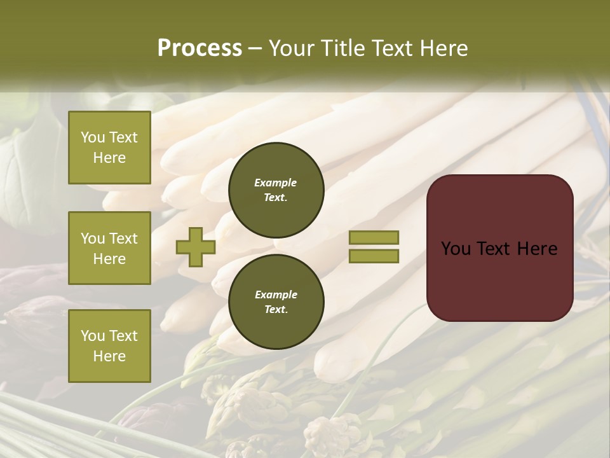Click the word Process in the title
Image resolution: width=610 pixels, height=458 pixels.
click(200, 48)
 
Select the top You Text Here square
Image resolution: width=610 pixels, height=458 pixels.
click(109, 148)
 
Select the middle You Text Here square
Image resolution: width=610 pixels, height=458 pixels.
click(109, 248)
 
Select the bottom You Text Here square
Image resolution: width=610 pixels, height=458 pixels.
click(109, 346)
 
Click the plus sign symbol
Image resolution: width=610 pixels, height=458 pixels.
click(195, 247)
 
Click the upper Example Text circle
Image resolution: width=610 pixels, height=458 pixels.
click(276, 190)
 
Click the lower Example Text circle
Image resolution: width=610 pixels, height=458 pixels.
click(276, 302)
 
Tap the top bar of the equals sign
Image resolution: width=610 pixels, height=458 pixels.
click(374, 237)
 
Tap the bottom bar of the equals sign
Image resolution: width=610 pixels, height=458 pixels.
click(374, 256)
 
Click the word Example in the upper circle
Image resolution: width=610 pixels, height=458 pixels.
click(276, 183)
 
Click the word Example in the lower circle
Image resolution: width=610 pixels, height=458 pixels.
click(276, 295)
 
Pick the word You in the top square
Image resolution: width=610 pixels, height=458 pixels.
click(93, 137)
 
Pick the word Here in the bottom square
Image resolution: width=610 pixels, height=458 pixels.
click(109, 356)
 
